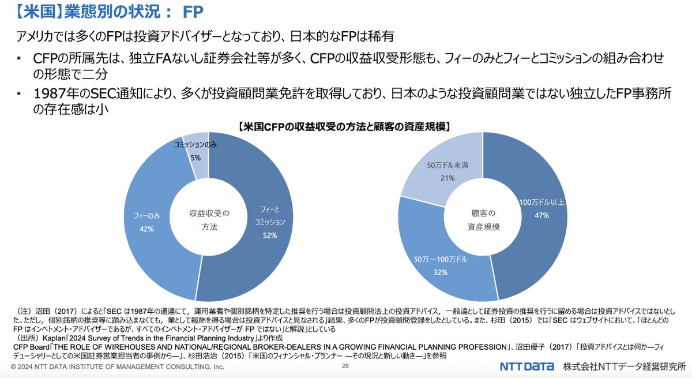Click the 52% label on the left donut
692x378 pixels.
(270, 235)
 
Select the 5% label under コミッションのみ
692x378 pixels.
(196, 158)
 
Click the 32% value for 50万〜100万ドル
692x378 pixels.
(441, 272)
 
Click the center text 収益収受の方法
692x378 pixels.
(210, 220)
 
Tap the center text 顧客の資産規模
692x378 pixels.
(483, 220)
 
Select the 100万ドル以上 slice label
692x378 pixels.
(541, 203)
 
